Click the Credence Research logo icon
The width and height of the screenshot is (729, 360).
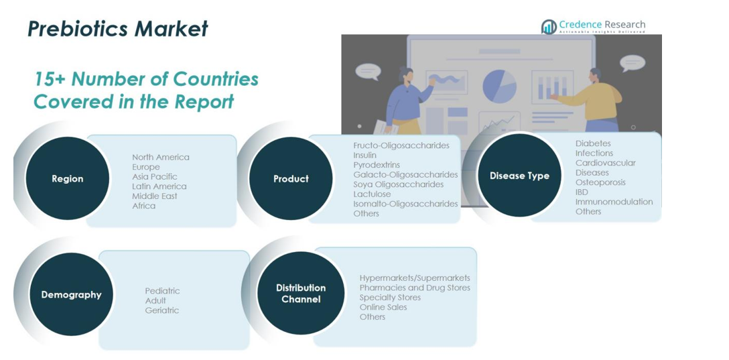coord(549,27)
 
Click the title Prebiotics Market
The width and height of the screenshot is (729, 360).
coord(118,29)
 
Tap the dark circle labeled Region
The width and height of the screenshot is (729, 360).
coord(68,178)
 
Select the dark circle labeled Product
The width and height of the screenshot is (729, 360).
coord(291,178)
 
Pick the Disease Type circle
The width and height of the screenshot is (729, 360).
coord(519,176)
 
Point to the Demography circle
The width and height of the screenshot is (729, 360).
coord(71,294)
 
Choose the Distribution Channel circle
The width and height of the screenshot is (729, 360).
coord(301,294)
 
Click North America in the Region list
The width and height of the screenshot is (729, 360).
coord(161,158)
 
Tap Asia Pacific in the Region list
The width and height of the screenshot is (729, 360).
coord(154,177)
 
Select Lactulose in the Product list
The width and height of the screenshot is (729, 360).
coord(372,194)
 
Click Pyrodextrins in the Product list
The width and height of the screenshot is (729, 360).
coord(377,165)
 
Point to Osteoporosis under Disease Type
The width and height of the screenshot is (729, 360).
coord(600,182)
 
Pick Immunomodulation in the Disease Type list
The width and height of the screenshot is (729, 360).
coord(614,202)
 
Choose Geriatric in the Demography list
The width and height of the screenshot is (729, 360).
coord(161,310)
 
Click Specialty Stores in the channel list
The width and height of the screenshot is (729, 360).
coord(390,297)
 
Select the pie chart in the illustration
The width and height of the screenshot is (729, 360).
coord(500,86)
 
